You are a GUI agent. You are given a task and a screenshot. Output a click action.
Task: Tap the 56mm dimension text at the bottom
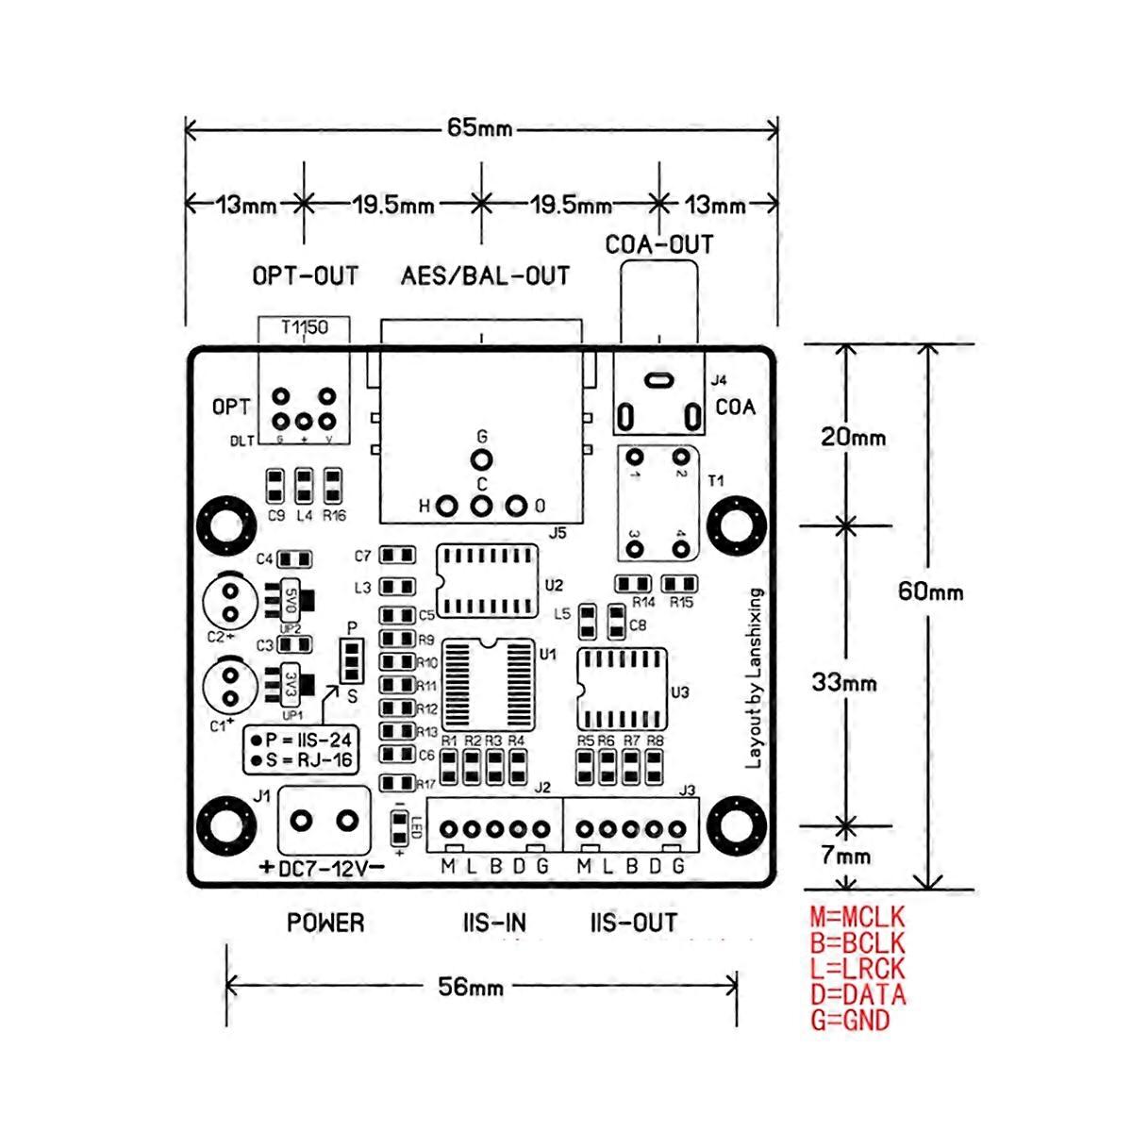[471, 987]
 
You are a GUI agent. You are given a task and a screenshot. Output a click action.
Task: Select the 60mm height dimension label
[930, 591]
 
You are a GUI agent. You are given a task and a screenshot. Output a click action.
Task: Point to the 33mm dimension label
[844, 682]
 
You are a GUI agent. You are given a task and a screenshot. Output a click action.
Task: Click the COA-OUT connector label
[659, 245]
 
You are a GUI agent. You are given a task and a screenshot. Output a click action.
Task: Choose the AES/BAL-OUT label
[485, 276]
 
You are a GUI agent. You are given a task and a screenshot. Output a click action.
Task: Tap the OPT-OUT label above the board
[305, 276]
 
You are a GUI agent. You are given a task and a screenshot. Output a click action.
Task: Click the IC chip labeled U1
[488, 685]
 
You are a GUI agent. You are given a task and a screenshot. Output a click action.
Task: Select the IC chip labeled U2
[487, 581]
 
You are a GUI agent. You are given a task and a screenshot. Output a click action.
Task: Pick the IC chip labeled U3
[621, 689]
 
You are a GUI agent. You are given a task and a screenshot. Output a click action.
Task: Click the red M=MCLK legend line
[857, 917]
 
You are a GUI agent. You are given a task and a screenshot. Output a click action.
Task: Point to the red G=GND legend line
[849, 1020]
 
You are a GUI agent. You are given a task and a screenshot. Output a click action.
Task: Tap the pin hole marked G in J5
[482, 460]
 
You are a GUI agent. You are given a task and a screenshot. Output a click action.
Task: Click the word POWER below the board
[325, 923]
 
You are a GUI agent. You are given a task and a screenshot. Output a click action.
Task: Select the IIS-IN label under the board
[493, 923]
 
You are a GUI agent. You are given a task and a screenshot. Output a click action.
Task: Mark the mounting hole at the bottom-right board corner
[735, 824]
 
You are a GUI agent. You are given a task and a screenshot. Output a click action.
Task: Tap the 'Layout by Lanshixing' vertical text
[755, 678]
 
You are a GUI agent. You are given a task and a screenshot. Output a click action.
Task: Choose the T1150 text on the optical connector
[304, 327]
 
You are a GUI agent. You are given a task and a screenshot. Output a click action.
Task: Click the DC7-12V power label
[323, 868]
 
